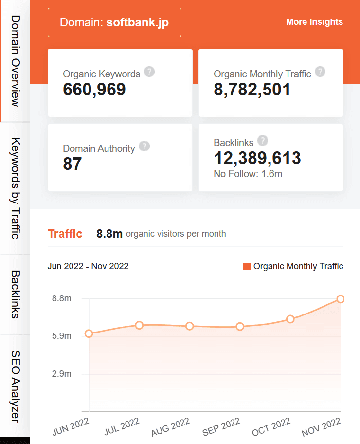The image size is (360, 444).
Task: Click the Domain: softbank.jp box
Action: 114,22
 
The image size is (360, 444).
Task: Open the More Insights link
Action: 314,22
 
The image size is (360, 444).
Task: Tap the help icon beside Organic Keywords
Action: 150,72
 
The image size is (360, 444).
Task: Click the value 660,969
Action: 94,89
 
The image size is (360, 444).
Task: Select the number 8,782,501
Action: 252,89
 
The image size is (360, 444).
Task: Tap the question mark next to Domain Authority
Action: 144,146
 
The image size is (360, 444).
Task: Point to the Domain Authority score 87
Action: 72,164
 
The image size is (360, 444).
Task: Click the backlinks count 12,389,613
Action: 257,158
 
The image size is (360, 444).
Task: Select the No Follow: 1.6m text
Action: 248,173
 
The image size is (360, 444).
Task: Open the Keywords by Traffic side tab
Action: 15,188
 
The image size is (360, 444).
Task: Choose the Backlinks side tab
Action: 15,295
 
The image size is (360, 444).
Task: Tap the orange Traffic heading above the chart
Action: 65,234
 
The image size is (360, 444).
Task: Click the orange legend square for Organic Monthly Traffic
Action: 247,266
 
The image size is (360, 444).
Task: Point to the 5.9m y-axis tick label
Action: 62,336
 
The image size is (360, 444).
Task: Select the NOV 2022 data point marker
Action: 341,299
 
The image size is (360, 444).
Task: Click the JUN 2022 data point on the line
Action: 89,333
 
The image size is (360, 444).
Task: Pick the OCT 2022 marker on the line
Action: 290,319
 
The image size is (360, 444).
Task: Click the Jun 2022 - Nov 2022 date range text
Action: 88,266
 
